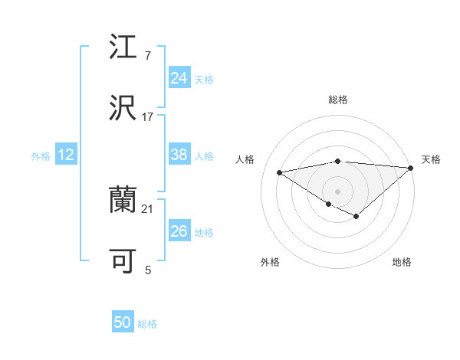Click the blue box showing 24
(x=179, y=78)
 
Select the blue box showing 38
(x=179, y=155)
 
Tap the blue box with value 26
(x=179, y=231)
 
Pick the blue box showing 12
(x=65, y=155)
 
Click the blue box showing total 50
(x=123, y=322)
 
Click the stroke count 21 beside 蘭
(x=148, y=208)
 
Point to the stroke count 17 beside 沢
(x=148, y=116)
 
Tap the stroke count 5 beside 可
(x=148, y=270)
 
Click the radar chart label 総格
(x=338, y=100)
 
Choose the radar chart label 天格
(x=431, y=159)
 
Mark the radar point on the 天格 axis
(x=410, y=168)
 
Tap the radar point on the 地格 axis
(x=356, y=216)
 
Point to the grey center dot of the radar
(x=338, y=191)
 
